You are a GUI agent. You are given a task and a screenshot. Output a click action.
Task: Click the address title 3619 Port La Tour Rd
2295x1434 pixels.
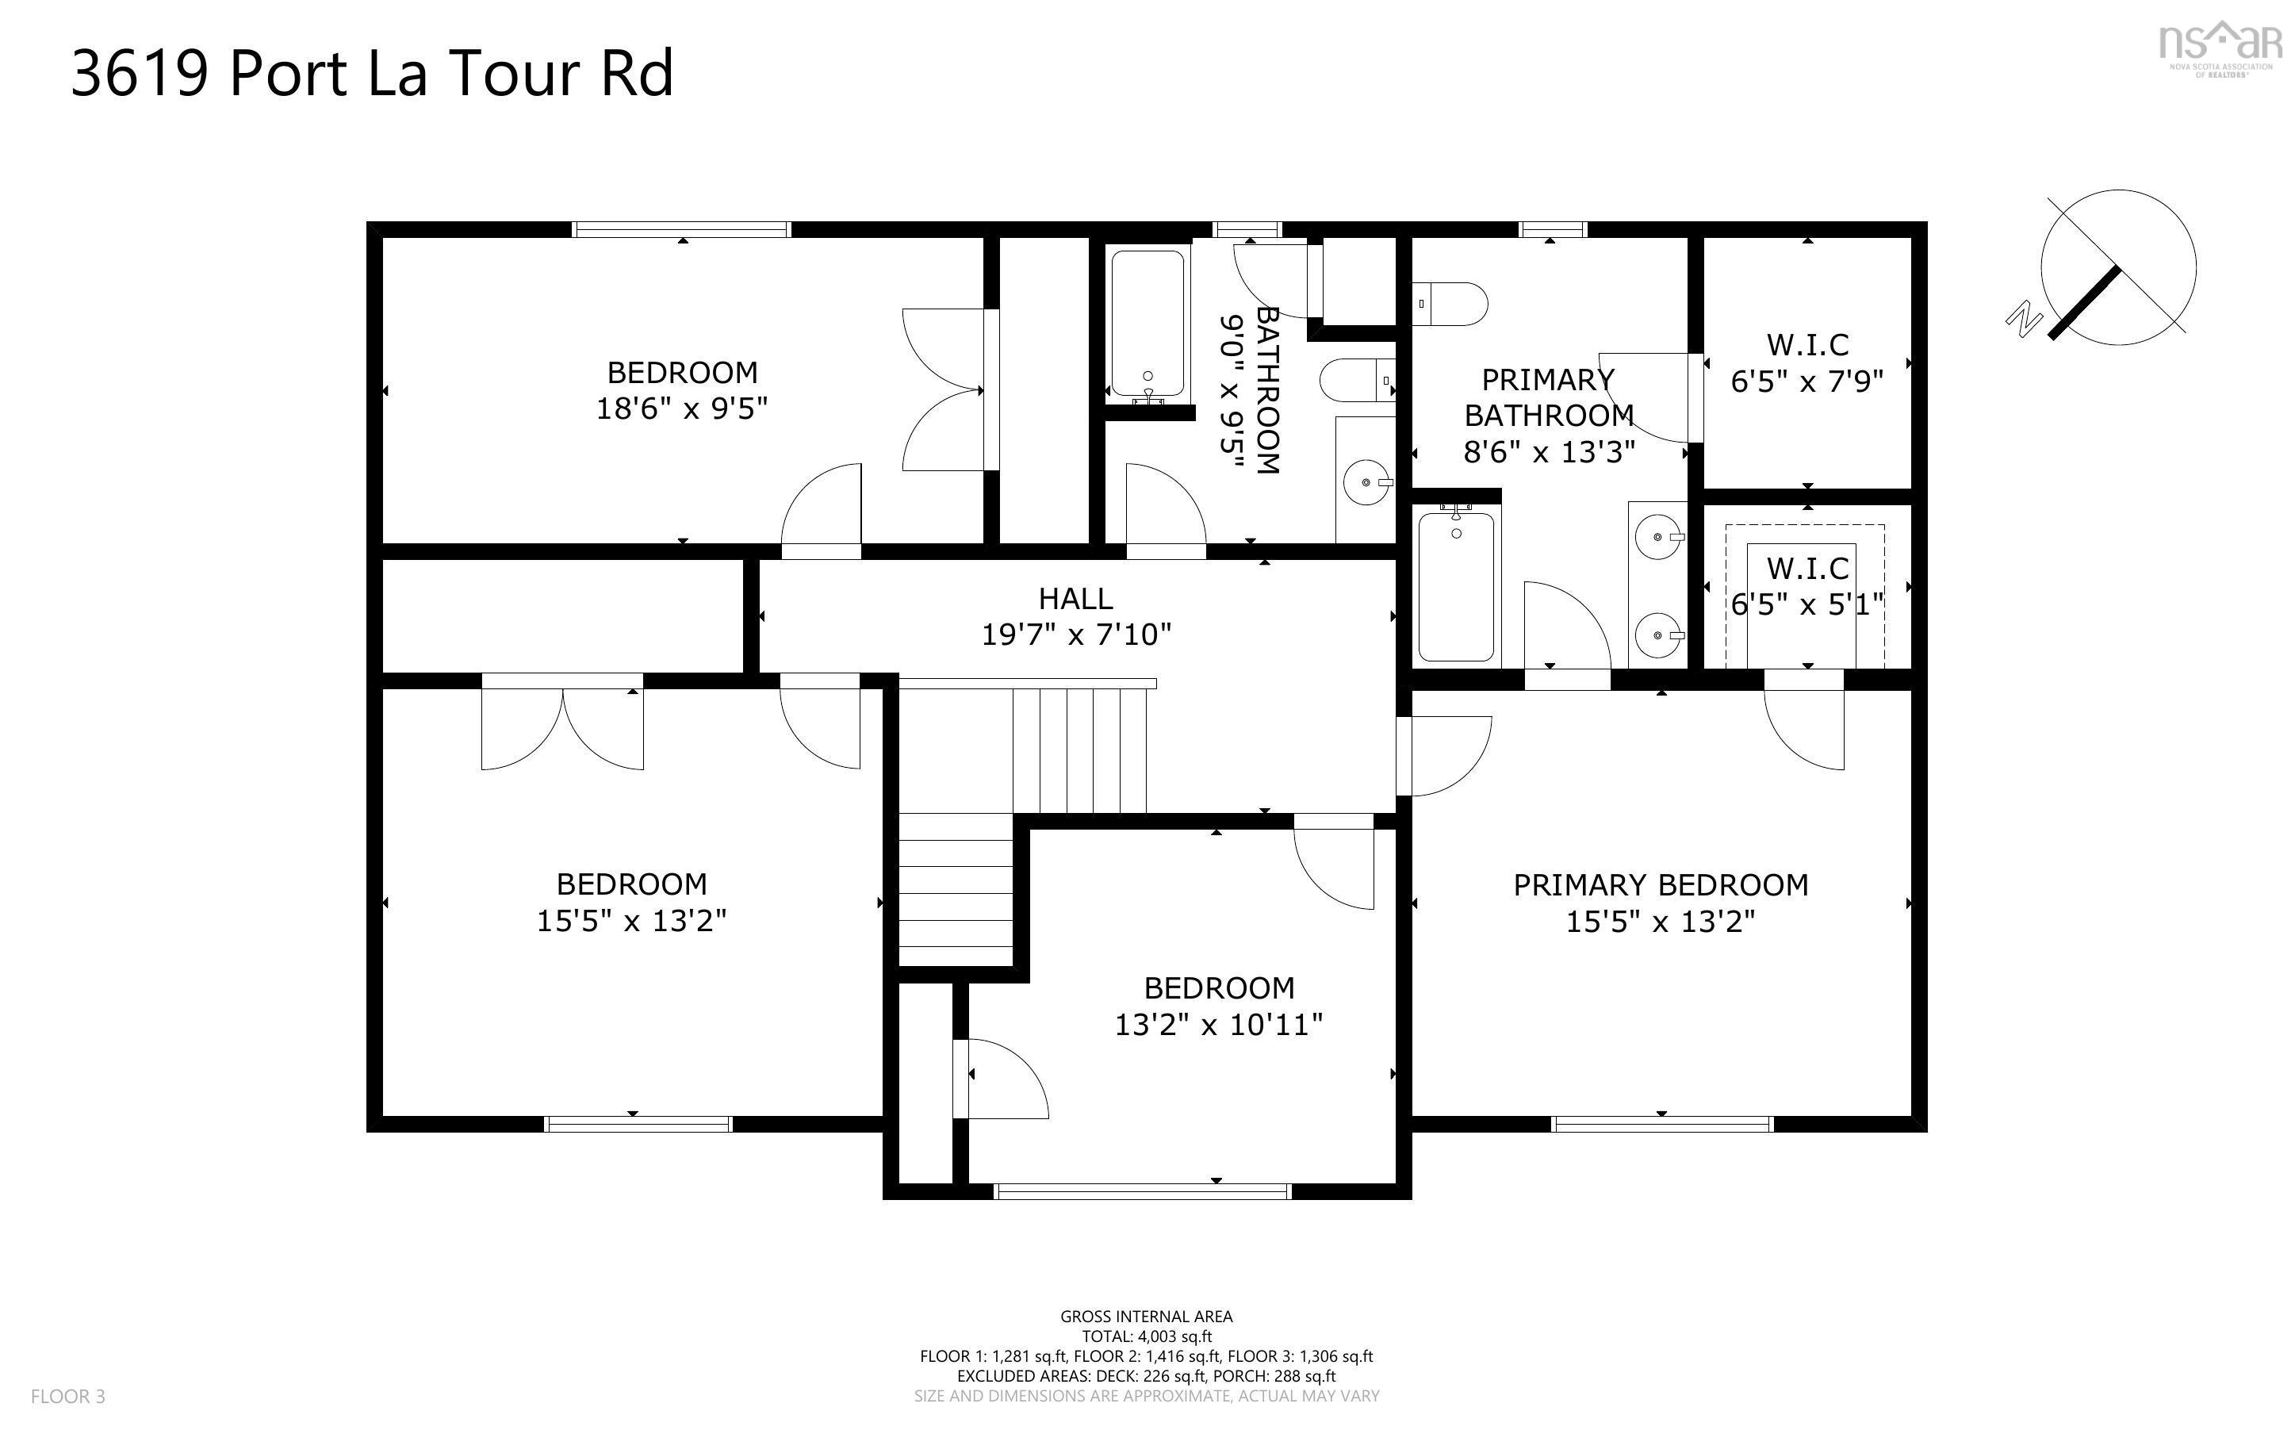tap(372, 74)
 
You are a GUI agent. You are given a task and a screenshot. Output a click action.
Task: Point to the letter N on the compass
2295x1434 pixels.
tap(2024, 319)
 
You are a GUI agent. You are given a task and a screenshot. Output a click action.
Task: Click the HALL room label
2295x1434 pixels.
tap(1076, 599)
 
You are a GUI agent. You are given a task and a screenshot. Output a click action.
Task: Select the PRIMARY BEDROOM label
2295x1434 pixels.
tap(1661, 885)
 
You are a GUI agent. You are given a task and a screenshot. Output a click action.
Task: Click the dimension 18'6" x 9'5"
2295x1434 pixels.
tap(681, 408)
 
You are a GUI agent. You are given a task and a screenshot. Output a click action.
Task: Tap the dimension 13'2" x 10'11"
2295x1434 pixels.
tap(1218, 1024)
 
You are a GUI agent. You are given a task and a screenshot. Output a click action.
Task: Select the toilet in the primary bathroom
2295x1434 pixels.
tap(1450, 304)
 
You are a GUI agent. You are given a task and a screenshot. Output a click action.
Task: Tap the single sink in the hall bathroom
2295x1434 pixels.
tap(1367, 483)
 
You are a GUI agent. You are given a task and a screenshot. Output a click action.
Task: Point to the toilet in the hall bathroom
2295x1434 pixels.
tap(1358, 382)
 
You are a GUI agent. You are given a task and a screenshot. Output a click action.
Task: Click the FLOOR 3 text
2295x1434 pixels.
tap(68, 1396)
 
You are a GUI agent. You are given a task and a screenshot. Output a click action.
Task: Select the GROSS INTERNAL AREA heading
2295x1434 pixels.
tap(1146, 1317)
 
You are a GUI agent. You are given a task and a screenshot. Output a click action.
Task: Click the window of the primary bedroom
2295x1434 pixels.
tap(1661, 1124)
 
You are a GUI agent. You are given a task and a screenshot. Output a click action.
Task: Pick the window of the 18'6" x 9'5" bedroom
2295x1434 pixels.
tap(681, 228)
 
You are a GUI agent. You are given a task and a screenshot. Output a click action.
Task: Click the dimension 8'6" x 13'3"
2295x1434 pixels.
tap(1550, 452)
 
